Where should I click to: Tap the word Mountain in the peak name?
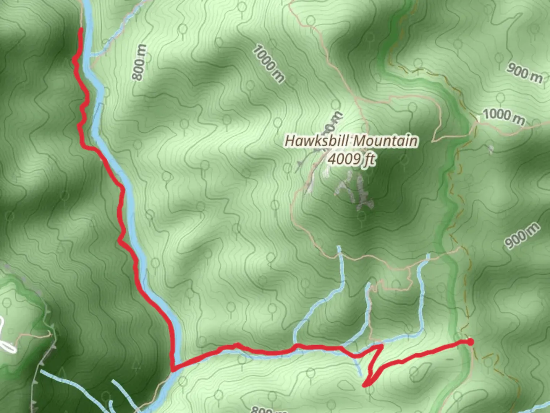[x=385, y=140]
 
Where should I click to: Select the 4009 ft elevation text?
[x=351, y=159]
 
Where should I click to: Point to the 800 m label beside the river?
[x=139, y=62]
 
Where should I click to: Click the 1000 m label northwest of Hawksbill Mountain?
[x=269, y=64]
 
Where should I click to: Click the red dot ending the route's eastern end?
[x=471, y=341]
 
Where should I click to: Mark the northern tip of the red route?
[x=81, y=30]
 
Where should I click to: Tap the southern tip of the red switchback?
[x=365, y=385]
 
